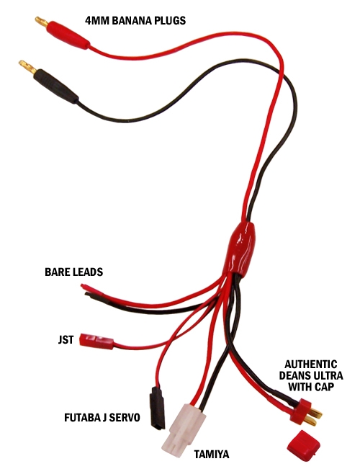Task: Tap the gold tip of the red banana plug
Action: pyautogui.click(x=40, y=22)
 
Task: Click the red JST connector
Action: pyautogui.click(x=96, y=341)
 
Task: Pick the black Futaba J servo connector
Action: pyautogui.click(x=157, y=408)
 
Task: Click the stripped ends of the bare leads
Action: pyautogui.click(x=86, y=290)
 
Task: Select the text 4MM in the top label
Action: pyautogui.click(x=97, y=21)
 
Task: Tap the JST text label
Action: pyautogui.click(x=66, y=340)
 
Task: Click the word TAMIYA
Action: pyautogui.click(x=212, y=455)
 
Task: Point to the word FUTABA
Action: pyautogui.click(x=81, y=418)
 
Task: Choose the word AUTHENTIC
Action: pyautogui.click(x=310, y=365)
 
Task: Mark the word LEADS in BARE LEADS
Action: pyautogui.click(x=87, y=272)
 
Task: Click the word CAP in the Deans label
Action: pyautogui.click(x=324, y=387)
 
